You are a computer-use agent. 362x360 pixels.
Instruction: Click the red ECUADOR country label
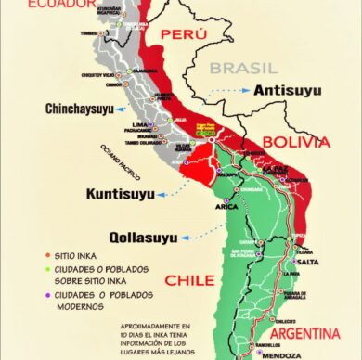61,5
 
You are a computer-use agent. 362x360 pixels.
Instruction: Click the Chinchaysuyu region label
81,109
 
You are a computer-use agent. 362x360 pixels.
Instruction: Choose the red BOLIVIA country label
296,142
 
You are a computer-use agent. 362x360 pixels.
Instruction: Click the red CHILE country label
190,279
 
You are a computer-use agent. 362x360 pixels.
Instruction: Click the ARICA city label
226,206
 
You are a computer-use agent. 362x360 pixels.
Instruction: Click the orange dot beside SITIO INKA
46,253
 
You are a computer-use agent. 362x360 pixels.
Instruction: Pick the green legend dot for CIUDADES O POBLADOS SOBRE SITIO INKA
46,269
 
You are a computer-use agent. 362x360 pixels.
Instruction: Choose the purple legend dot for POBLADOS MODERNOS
46,296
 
